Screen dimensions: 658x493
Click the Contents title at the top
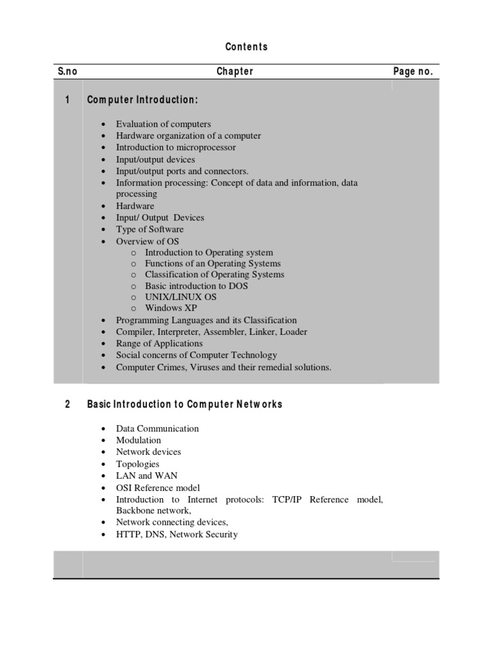click(246, 47)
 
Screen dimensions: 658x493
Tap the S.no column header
click(67, 71)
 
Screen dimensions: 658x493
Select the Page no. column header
click(413, 71)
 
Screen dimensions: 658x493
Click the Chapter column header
click(235, 71)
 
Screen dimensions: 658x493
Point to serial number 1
click(67, 100)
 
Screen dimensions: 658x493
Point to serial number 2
click(67, 404)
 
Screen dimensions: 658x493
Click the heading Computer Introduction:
click(143, 100)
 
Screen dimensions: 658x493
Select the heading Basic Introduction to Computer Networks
click(184, 404)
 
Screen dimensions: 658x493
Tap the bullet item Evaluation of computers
click(163, 124)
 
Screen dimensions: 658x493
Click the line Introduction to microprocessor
click(175, 147)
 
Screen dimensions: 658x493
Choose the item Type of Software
click(150, 229)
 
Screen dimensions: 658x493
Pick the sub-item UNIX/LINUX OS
click(180, 297)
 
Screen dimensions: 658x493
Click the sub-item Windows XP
click(171, 308)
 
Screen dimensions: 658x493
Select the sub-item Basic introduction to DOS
click(196, 286)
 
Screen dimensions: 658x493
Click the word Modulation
click(139, 440)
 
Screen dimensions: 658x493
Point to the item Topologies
click(137, 464)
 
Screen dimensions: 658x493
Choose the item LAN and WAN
click(146, 476)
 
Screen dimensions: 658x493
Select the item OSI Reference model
click(158, 488)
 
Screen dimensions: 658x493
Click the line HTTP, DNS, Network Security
click(177, 534)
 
